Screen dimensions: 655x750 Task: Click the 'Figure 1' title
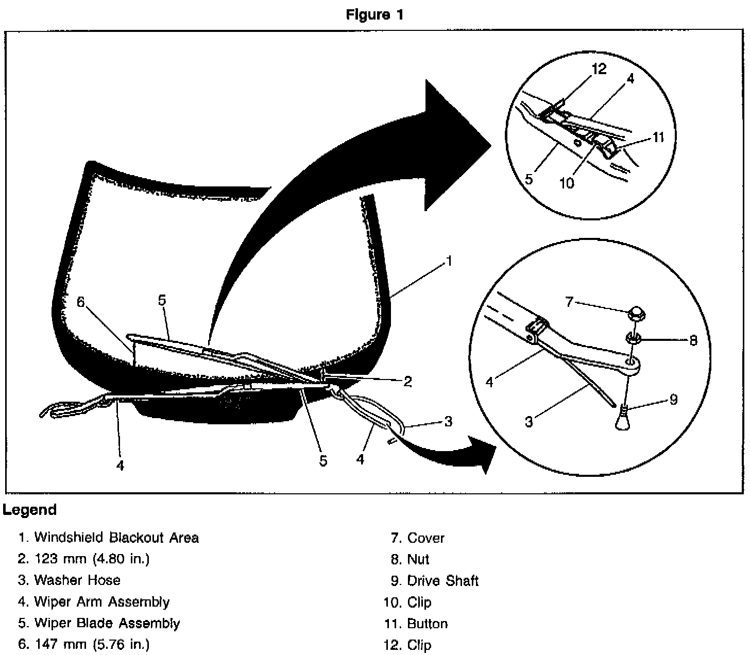pyautogui.click(x=374, y=14)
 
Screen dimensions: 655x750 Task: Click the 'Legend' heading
pyautogui.click(x=29, y=510)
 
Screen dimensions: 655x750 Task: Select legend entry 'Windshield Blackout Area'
pyautogui.click(x=109, y=538)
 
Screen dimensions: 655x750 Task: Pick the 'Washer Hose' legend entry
pyautogui.click(x=70, y=580)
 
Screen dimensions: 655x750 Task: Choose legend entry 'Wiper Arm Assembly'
pyautogui.click(x=94, y=602)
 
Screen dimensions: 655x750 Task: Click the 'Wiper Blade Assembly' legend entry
pyautogui.click(x=99, y=623)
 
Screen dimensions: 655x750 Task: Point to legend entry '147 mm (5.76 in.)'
pyautogui.click(x=84, y=644)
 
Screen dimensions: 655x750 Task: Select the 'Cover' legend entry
pyautogui.click(x=418, y=538)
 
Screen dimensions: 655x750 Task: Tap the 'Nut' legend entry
pyautogui.click(x=410, y=559)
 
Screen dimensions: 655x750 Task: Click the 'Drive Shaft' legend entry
pyautogui.click(x=435, y=581)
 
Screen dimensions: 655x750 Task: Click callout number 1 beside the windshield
pyautogui.click(x=449, y=261)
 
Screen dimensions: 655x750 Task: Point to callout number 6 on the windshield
pyautogui.click(x=81, y=302)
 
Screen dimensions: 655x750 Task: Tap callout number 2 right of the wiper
pyautogui.click(x=408, y=381)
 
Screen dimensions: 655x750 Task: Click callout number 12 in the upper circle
pyautogui.click(x=599, y=69)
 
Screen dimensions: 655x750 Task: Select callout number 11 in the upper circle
pyautogui.click(x=658, y=137)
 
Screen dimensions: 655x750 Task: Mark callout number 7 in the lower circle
pyautogui.click(x=569, y=302)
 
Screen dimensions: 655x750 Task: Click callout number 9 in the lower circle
pyautogui.click(x=674, y=400)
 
